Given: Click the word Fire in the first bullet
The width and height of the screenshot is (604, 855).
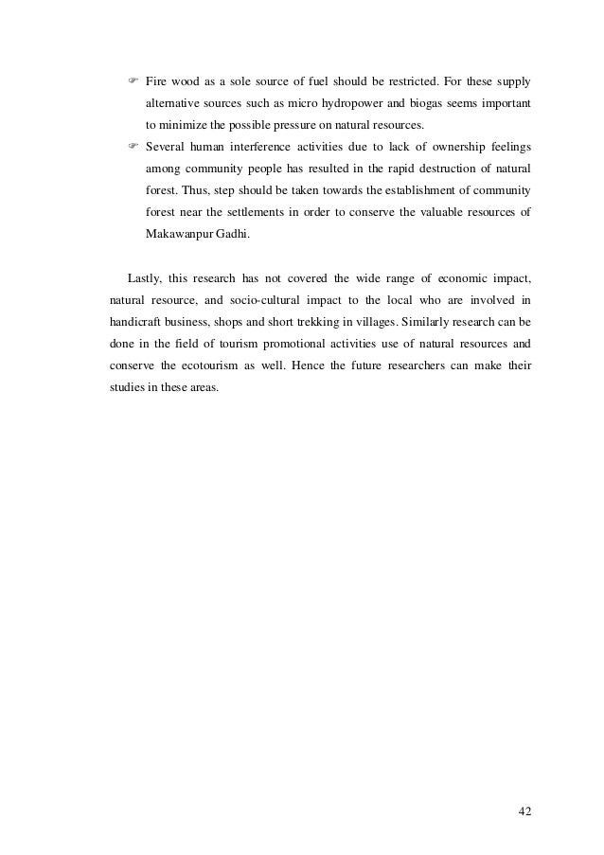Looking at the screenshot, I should (156, 76).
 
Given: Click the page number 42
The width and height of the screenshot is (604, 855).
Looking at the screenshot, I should (524, 811).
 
